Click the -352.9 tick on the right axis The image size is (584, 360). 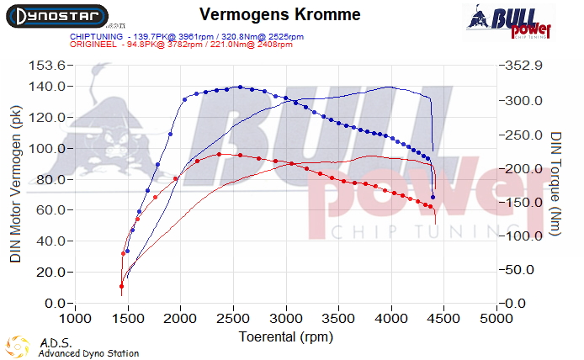tap(524, 66)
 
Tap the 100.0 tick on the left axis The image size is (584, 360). tap(47, 148)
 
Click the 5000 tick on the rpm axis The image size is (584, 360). tap(497, 320)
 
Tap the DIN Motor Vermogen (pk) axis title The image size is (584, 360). tap(16, 183)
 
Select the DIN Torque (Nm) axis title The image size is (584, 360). tap(556, 184)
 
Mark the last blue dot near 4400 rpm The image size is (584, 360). tap(433, 197)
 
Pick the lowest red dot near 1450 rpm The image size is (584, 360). tap(122, 286)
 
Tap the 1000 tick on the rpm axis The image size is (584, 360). tap(76, 320)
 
